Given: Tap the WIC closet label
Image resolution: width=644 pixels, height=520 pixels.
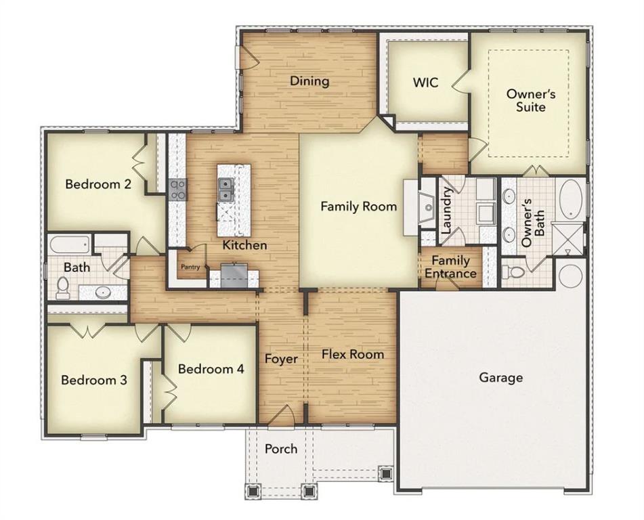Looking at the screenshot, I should tap(425, 83).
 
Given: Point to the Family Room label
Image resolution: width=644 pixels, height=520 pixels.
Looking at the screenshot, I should tap(358, 207).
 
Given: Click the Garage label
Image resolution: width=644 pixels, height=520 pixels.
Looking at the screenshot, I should tap(500, 377).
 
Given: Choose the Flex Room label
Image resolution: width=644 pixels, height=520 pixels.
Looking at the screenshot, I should tap(352, 354).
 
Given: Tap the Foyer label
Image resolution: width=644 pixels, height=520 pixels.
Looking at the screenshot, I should tap(281, 359).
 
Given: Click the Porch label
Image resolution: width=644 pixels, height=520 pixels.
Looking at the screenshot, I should tap(280, 448).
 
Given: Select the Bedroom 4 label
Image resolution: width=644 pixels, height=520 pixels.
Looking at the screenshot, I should tap(211, 369).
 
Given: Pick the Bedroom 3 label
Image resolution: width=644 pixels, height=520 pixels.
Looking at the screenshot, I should tap(94, 380).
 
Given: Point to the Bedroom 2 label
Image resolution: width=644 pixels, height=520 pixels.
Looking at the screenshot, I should tap(98, 184).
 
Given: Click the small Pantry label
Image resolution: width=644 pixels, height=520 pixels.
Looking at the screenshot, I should tap(190, 267).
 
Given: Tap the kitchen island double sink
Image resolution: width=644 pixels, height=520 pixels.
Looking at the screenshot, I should tap(226, 189).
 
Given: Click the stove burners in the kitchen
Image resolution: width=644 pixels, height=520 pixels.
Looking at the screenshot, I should tap(177, 188).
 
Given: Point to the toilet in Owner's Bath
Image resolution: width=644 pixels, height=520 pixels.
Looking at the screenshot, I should tap(516, 272).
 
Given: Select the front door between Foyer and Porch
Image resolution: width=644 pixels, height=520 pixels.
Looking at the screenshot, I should tap(281, 417).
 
